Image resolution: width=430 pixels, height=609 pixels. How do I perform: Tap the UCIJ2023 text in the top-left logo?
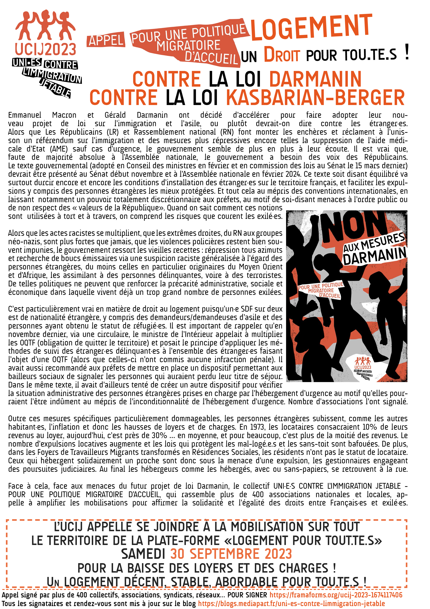[x=46, y=49]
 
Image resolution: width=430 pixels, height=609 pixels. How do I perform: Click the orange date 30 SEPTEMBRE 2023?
[x=231, y=554]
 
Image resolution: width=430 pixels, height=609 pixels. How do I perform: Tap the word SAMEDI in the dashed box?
[x=143, y=554]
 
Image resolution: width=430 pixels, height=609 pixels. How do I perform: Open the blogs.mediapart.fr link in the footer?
[x=291, y=603]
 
